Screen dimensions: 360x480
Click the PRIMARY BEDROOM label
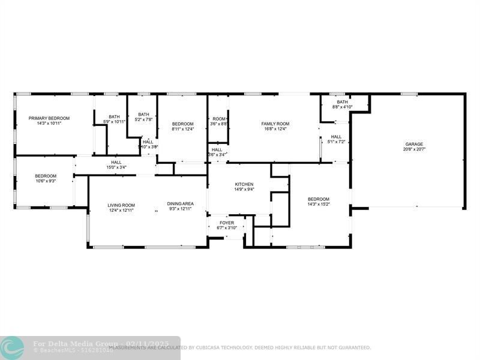click(49, 118)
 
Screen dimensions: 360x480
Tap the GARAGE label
click(414, 144)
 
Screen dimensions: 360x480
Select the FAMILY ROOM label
click(275, 124)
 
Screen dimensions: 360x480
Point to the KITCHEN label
click(244, 184)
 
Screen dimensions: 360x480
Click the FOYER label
click(226, 223)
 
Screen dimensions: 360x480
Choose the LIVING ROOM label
click(121, 205)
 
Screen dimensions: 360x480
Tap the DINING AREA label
click(180, 204)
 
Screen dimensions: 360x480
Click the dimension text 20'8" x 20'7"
click(414, 149)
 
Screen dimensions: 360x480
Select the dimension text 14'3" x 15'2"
click(319, 205)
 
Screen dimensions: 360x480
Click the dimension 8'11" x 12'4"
click(183, 129)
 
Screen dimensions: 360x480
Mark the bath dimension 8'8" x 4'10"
click(342, 107)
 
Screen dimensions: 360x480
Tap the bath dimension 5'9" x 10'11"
click(114, 122)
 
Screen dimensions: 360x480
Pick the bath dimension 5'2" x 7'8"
click(143, 119)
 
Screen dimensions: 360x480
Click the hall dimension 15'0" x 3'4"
click(116, 167)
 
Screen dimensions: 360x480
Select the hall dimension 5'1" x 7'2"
click(336, 142)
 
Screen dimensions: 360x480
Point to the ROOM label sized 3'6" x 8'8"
click(218, 119)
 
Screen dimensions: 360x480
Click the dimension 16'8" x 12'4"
click(275, 129)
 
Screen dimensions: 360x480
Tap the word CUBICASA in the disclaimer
click(208, 347)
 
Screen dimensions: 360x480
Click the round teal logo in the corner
click(13, 347)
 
